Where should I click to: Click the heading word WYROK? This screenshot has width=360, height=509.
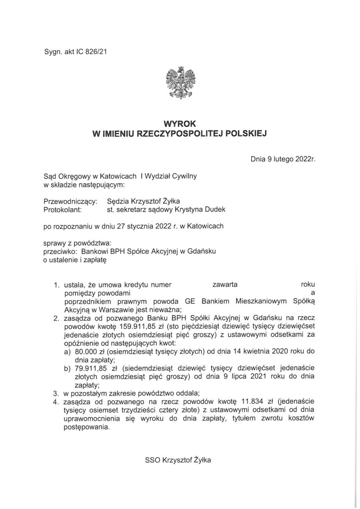180,126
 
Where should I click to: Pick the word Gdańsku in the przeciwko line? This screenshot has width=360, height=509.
202,251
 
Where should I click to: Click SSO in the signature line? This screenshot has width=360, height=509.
154,460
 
